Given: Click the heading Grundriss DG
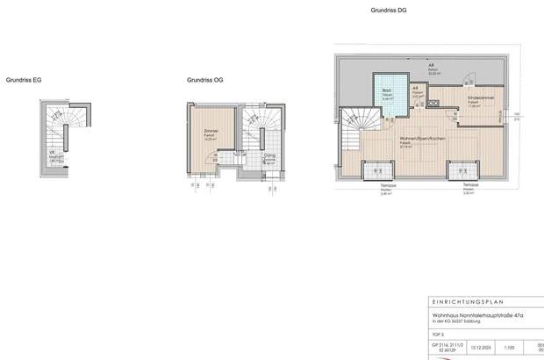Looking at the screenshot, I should [x=389, y=10].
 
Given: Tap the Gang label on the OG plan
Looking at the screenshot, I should [x=270, y=156].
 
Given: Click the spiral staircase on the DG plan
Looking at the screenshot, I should [x=358, y=124].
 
